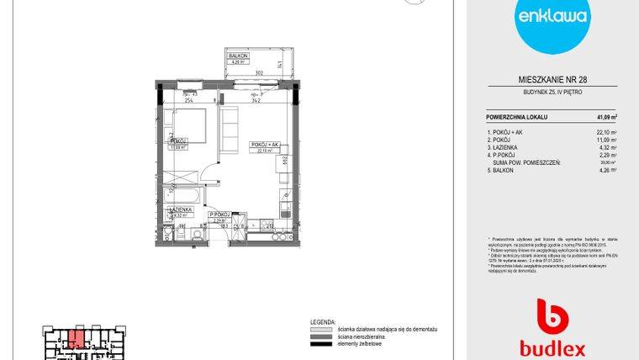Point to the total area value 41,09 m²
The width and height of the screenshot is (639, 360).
pyautogui.click(x=606, y=116)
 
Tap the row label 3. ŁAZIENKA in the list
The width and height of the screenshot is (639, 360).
pyautogui.click(x=506, y=148)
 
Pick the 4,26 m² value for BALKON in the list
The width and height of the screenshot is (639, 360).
pyautogui.click(x=608, y=169)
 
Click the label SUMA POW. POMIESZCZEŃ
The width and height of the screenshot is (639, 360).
pyautogui.click(x=526, y=161)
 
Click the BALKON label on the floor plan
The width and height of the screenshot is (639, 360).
pyautogui.click(x=236, y=56)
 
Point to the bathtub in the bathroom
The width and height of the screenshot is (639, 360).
pyautogui.click(x=181, y=195)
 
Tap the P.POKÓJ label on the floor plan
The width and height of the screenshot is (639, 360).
pyautogui.click(x=219, y=215)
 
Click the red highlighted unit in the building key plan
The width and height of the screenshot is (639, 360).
pyautogui.click(x=76, y=339)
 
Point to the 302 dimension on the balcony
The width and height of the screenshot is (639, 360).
pyautogui.click(x=260, y=74)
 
